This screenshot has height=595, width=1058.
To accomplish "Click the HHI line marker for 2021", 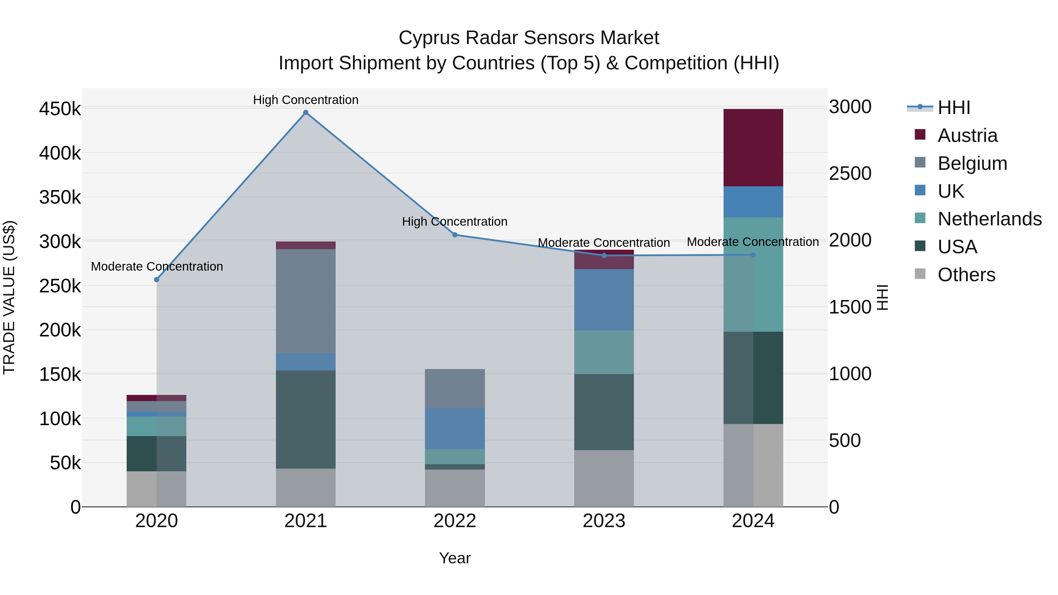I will coord(306,113).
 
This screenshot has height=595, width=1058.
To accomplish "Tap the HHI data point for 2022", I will coord(455,235).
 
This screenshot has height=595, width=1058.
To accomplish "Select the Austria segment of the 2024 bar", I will coord(753,148).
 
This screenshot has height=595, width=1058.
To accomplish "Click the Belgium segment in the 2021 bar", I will coord(306,301).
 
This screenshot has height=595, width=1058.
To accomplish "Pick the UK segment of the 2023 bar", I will coord(604,300).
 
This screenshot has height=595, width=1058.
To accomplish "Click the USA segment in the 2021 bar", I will coord(306,419).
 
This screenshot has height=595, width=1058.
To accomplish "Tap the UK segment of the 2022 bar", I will coord(455,428).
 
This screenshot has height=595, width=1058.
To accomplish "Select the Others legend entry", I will coord(966,275).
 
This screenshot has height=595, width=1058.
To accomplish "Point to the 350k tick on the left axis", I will coord(60,197).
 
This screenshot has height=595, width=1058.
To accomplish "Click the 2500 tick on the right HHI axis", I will coord(850,173).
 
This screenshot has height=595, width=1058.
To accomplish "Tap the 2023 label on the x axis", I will coord(604,521).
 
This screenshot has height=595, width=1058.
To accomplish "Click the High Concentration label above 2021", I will coord(306,100).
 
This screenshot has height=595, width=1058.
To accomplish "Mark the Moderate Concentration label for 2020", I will coord(156,267).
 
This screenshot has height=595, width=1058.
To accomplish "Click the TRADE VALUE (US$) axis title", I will coord(9,297).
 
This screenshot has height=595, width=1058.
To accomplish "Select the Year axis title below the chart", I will coord(455,558).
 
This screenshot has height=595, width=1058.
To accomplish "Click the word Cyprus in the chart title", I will coord(429,38).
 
